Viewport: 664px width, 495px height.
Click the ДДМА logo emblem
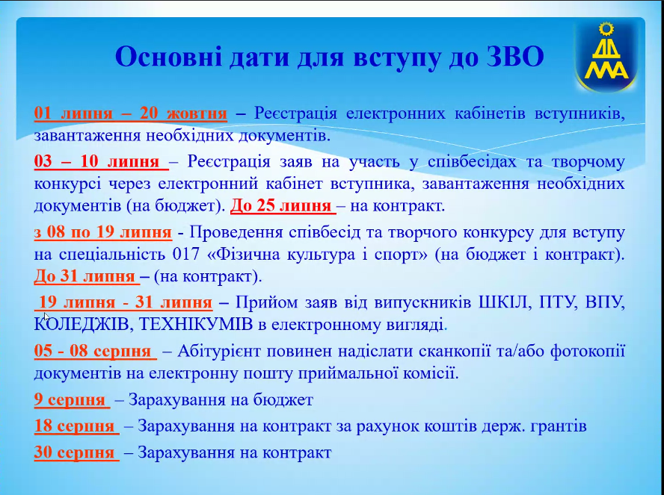(x=606, y=55)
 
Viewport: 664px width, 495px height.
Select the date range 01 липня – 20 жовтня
(x=130, y=113)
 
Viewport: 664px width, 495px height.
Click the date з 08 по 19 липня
(x=103, y=232)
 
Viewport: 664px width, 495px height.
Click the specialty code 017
(x=186, y=255)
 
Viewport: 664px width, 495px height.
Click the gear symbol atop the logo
(x=606, y=29)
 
